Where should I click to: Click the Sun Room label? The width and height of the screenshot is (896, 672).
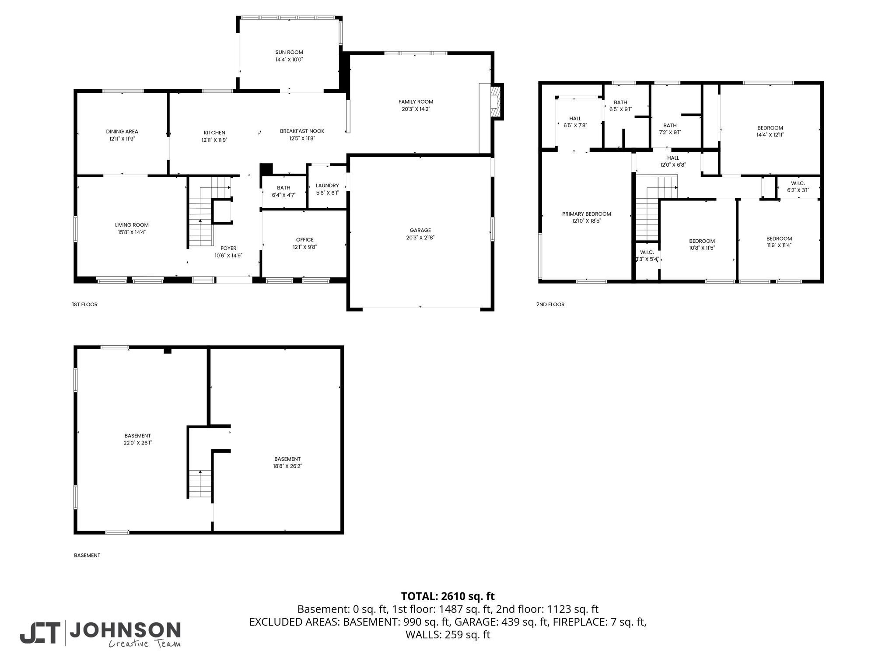pyautogui.click(x=289, y=52)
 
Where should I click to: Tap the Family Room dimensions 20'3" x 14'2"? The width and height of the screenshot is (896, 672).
pyautogui.click(x=416, y=109)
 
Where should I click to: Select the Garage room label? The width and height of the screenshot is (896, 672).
pyautogui.click(x=420, y=231)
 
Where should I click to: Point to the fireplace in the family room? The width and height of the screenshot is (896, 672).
pyautogui.click(x=496, y=101)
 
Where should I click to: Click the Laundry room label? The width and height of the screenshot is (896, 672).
pyautogui.click(x=327, y=185)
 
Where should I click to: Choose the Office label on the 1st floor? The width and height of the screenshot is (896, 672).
pyautogui.click(x=305, y=240)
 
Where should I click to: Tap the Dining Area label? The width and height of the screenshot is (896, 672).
pyautogui.click(x=122, y=132)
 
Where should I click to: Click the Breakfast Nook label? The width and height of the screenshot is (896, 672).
pyautogui.click(x=302, y=131)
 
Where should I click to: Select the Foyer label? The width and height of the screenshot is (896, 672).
pyautogui.click(x=228, y=248)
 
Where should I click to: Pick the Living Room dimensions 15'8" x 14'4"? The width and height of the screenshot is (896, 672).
pyautogui.click(x=132, y=232)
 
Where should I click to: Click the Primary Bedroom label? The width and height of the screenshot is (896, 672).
pyautogui.click(x=587, y=214)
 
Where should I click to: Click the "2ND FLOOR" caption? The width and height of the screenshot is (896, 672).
pyautogui.click(x=550, y=304)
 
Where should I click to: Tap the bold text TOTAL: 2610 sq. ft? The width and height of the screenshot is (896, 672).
pyautogui.click(x=448, y=596)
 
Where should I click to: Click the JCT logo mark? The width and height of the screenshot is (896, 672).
pyautogui.click(x=40, y=633)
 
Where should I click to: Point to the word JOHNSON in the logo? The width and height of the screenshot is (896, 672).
pyautogui.click(x=125, y=630)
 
